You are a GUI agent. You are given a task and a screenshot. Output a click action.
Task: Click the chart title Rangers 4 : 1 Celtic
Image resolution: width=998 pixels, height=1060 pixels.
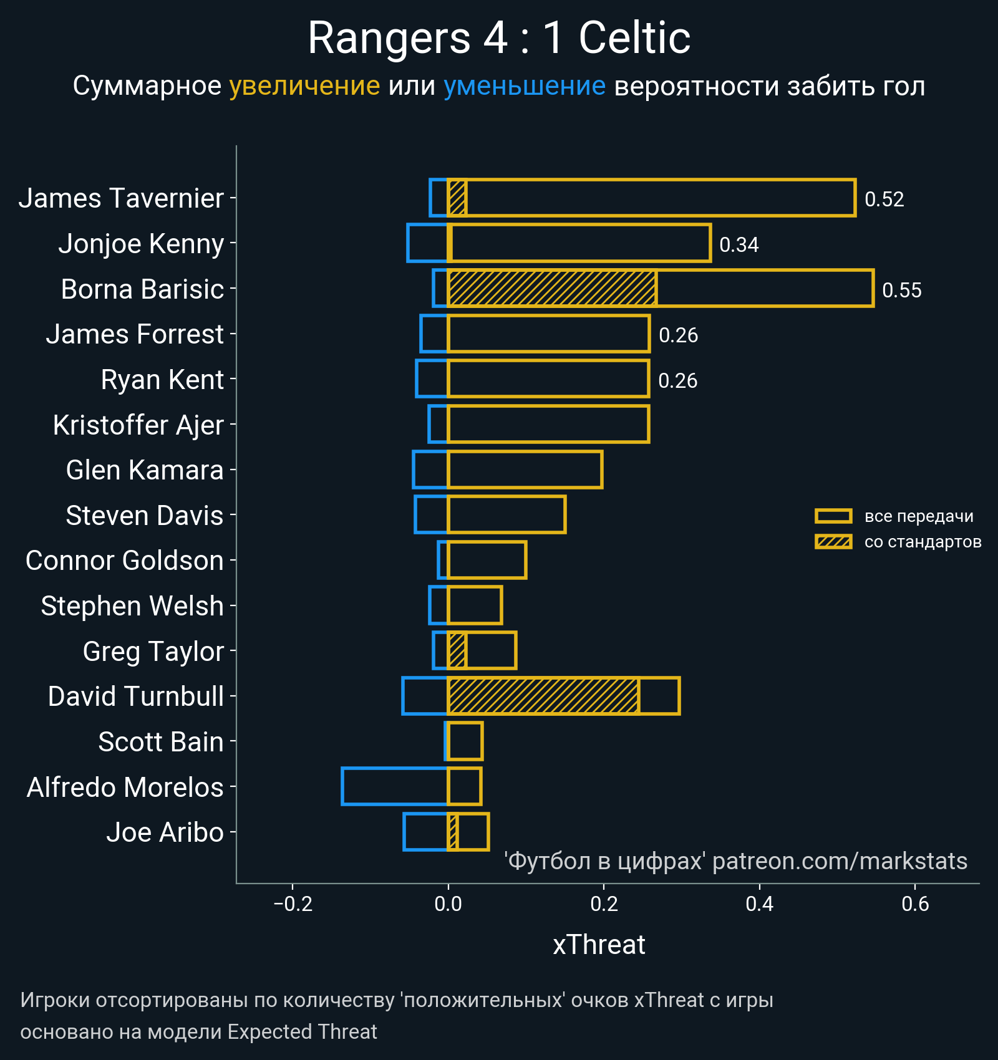[499, 39]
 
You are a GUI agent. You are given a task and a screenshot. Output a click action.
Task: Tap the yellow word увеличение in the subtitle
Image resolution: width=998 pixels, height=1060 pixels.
[304, 86]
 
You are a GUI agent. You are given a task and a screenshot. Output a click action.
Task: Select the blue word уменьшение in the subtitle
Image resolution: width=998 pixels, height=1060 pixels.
[524, 86]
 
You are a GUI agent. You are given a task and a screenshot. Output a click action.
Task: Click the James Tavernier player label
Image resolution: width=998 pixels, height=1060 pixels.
[121, 198]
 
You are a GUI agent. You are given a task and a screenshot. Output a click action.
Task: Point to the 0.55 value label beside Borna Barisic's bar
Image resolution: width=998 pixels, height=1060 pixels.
[901, 290]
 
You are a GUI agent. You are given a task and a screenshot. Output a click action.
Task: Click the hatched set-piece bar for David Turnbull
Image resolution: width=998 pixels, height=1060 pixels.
[543, 696]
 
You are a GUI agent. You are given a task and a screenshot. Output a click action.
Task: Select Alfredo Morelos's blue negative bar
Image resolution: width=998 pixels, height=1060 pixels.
[394, 787]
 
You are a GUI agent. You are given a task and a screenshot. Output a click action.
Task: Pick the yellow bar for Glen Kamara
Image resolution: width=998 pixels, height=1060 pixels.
[525, 470]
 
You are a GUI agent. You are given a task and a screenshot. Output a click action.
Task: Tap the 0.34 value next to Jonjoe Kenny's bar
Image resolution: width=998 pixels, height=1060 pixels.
[739, 244]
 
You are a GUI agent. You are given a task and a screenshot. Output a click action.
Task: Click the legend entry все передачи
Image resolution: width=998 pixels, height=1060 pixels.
[918, 516]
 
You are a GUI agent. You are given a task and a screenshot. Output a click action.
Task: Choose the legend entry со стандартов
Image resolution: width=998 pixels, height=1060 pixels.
[922, 542]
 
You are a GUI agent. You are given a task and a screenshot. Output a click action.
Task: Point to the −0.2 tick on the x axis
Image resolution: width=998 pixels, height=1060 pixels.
[293, 903]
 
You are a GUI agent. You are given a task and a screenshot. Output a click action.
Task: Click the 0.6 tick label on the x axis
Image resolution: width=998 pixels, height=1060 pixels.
[915, 903]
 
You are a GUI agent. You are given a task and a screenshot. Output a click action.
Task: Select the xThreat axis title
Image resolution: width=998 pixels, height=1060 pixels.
[599, 945]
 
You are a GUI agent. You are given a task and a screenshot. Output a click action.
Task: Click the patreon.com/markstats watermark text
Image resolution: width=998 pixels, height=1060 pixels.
[840, 861]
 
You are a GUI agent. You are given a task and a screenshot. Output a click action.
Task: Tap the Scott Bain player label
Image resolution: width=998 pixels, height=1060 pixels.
[161, 742]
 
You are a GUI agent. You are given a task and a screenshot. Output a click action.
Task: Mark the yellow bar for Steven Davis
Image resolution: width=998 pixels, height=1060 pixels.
[506, 515]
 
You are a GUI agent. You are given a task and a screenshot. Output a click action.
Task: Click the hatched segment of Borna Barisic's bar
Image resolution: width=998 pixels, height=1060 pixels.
[551, 289]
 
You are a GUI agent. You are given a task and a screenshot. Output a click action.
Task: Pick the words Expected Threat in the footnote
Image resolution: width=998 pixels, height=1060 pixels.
[302, 1032]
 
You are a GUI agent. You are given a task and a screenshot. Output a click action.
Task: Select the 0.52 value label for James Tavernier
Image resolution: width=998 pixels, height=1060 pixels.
[884, 200]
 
